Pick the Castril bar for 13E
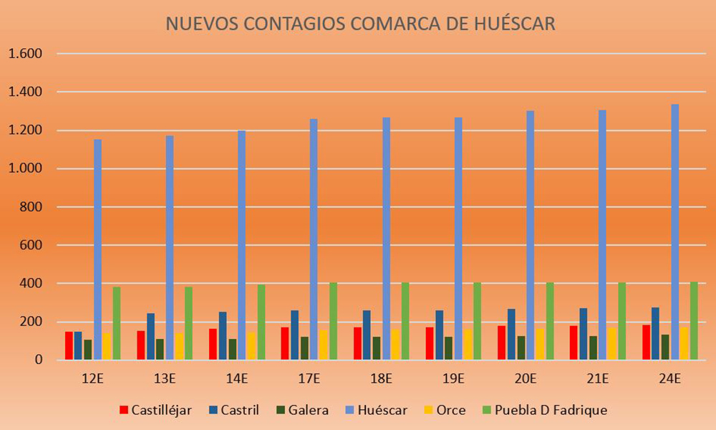(x=150, y=337)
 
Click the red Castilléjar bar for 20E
(x=501, y=343)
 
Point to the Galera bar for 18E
(x=377, y=348)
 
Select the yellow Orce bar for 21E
(x=612, y=344)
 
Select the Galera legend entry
(x=304, y=410)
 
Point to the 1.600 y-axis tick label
(x=25, y=54)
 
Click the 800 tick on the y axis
(x=32, y=207)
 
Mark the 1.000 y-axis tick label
(x=25, y=169)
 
